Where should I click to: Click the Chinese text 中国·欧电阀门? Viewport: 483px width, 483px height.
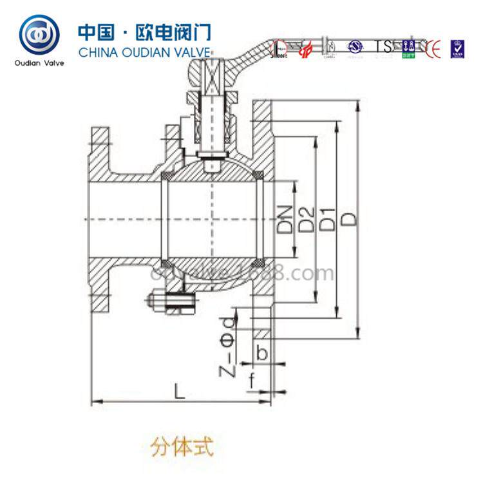[144, 32]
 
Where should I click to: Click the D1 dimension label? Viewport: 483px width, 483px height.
[328, 219]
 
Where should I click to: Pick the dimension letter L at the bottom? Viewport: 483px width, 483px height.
[180, 391]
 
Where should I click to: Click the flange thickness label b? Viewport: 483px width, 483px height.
[261, 352]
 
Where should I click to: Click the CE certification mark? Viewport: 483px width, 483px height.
[432, 47]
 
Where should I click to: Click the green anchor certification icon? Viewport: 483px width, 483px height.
[407, 47]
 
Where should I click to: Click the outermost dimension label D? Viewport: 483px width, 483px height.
[349, 219]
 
